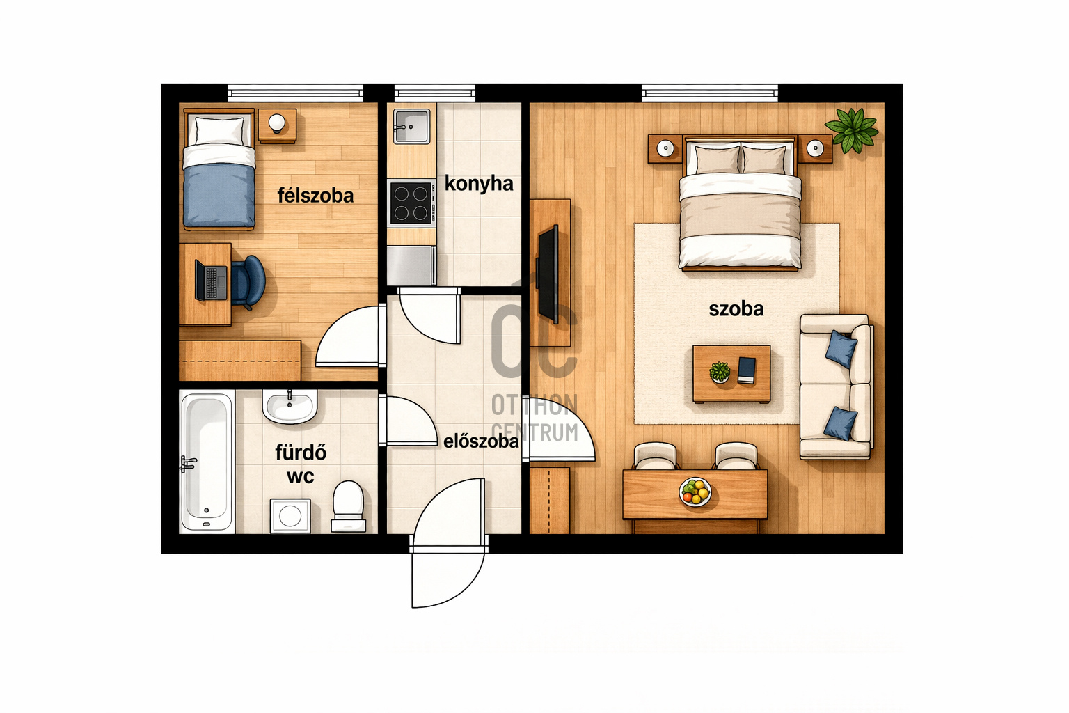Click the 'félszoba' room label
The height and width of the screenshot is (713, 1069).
tap(315, 196)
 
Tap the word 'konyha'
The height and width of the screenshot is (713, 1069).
tap(479, 184)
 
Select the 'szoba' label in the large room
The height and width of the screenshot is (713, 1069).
tap(736, 309)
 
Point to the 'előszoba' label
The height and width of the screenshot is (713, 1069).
tap(481, 441)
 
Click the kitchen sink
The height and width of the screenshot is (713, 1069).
tap(411, 126)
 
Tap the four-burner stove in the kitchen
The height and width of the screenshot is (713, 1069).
tap(412, 203)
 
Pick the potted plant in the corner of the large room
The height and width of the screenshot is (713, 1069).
tap(852, 130)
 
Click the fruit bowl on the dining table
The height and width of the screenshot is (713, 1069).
tap(695, 492)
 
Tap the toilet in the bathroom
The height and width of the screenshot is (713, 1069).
tap(349, 506)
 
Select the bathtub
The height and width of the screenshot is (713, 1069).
tap(207, 462)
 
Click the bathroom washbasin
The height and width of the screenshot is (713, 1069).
tap(290, 407)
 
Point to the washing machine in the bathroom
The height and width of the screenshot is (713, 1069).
tap(290, 516)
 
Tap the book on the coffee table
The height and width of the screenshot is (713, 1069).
tap(746, 370)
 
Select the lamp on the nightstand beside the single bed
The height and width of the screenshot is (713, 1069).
tap(277, 123)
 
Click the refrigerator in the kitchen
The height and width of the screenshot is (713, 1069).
tap(411, 265)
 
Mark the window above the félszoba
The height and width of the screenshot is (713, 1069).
tap(295, 93)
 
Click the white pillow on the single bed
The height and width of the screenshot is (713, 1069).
tap(219, 131)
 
